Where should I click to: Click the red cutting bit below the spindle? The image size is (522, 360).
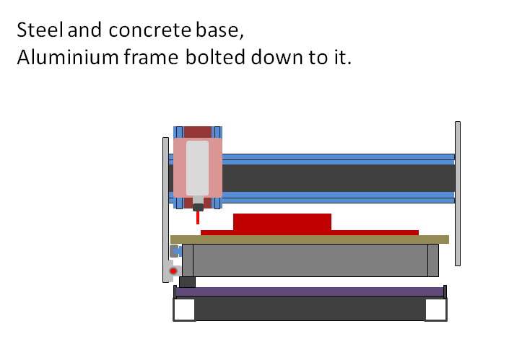[x=198, y=218]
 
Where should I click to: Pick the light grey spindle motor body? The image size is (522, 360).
[x=197, y=167]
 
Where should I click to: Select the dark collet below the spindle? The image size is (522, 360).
[x=198, y=207]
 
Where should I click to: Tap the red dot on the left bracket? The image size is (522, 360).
[x=173, y=271]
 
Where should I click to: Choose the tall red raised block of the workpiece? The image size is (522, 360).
[x=282, y=221]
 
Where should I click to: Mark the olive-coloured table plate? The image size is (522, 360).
[x=309, y=240]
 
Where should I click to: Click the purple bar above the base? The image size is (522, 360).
[x=309, y=291]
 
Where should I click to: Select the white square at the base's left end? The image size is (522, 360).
[x=184, y=309]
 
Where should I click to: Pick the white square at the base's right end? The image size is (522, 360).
[x=435, y=309]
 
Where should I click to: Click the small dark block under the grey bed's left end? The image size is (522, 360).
[x=187, y=281]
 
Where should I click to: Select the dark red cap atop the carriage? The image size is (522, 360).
[x=198, y=132]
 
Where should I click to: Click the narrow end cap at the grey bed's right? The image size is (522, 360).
[x=432, y=260]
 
